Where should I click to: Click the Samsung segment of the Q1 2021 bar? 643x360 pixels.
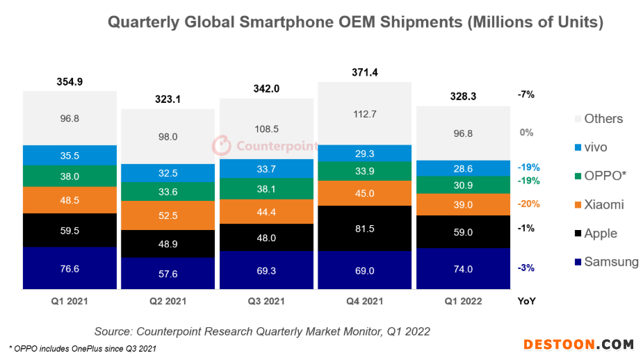tap(70, 268)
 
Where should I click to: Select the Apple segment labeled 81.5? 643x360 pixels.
tap(364, 229)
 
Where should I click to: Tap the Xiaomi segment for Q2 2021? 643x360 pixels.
tap(168, 215)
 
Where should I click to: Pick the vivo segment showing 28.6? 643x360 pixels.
tap(463, 168)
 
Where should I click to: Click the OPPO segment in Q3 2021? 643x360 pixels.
tap(266, 189)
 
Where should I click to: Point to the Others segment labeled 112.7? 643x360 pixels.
tap(364, 113)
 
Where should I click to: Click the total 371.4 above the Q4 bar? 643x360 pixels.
tap(364, 72)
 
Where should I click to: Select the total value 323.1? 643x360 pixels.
tap(168, 99)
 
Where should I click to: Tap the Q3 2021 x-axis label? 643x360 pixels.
tap(266, 302)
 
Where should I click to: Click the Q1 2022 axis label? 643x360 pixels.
tap(463, 302)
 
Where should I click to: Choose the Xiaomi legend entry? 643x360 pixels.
tap(599, 204)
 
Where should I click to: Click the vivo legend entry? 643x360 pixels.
tap(591, 147)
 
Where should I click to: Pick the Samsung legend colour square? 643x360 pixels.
tap(578, 262)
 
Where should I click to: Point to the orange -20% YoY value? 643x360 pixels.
tap(528, 204)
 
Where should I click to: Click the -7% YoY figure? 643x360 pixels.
tap(526, 95)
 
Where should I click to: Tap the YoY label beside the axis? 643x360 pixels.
tap(526, 302)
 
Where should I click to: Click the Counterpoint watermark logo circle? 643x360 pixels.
tap(222, 145)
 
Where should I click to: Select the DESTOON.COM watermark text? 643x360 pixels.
tap(578, 345)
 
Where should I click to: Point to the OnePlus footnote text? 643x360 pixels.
tap(83, 348)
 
